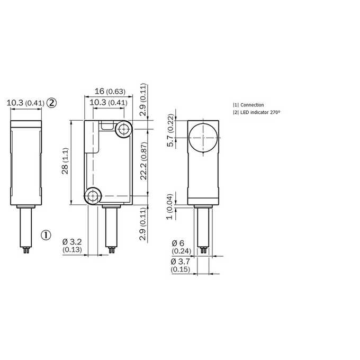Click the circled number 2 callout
click(x=52, y=103)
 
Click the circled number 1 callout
click(x=46, y=235)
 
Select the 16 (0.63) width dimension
click(x=110, y=91)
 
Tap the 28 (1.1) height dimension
click(x=65, y=161)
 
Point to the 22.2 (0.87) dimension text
click(x=143, y=161)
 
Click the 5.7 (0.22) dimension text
click(x=171, y=130)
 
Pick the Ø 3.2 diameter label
click(x=72, y=242)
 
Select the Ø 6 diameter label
click(x=178, y=243)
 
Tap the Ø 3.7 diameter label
click(x=180, y=262)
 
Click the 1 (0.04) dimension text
click(x=169, y=206)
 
